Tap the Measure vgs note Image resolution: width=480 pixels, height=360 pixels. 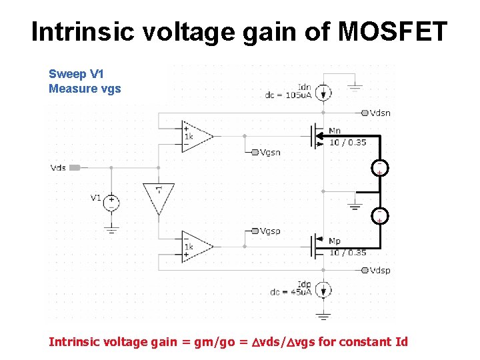85,89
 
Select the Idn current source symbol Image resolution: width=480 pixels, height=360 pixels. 323,93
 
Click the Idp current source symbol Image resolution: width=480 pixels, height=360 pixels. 323,290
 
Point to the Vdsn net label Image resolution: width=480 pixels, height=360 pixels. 380,113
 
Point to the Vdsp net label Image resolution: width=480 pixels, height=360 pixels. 380,270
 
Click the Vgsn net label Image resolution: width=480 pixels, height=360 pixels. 270,152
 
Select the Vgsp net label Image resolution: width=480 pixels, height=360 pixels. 270,231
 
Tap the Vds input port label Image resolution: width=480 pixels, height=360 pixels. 58,167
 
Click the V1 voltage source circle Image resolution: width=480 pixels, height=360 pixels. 111,202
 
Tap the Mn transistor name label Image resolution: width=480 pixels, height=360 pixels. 335,131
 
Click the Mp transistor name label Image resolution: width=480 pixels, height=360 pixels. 335,241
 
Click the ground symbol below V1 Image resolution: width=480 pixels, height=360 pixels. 111,229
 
